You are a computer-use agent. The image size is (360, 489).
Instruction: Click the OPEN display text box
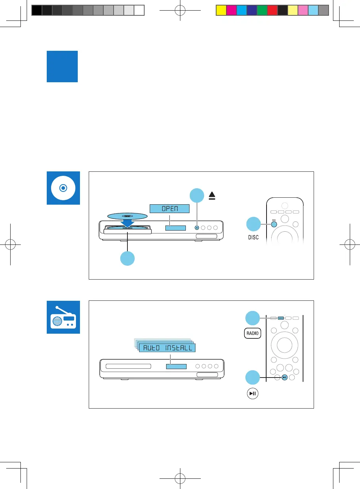point(169,209)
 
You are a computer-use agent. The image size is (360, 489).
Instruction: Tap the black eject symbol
point(212,196)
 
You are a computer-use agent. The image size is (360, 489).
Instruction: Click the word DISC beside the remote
point(253,237)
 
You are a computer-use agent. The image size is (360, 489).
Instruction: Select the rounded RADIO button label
point(252,333)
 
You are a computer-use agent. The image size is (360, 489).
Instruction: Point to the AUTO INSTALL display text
point(167,348)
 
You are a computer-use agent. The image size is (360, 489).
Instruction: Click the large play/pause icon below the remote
point(252,394)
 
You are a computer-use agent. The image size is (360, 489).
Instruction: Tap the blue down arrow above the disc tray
point(127,222)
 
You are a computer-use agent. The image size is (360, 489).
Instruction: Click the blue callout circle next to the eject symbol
point(197,196)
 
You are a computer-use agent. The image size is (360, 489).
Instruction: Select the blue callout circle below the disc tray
point(127,258)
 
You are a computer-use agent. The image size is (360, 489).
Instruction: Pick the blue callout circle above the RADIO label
point(252,318)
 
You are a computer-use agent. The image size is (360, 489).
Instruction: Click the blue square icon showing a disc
point(63,188)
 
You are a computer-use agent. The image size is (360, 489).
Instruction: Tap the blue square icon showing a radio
point(63,317)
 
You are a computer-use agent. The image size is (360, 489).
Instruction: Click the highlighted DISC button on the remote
point(274,224)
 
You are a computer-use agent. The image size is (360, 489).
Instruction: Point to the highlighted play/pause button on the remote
point(285,377)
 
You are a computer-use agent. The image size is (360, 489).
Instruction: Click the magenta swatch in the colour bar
point(231,10)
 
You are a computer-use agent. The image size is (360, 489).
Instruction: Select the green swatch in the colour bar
point(262,10)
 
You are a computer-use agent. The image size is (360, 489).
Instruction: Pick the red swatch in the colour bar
point(272,10)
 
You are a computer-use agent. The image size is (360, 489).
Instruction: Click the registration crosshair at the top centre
point(180,11)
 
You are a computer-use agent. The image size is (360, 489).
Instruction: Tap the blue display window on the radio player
point(176,366)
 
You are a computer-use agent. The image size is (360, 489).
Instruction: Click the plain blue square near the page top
point(62,67)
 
